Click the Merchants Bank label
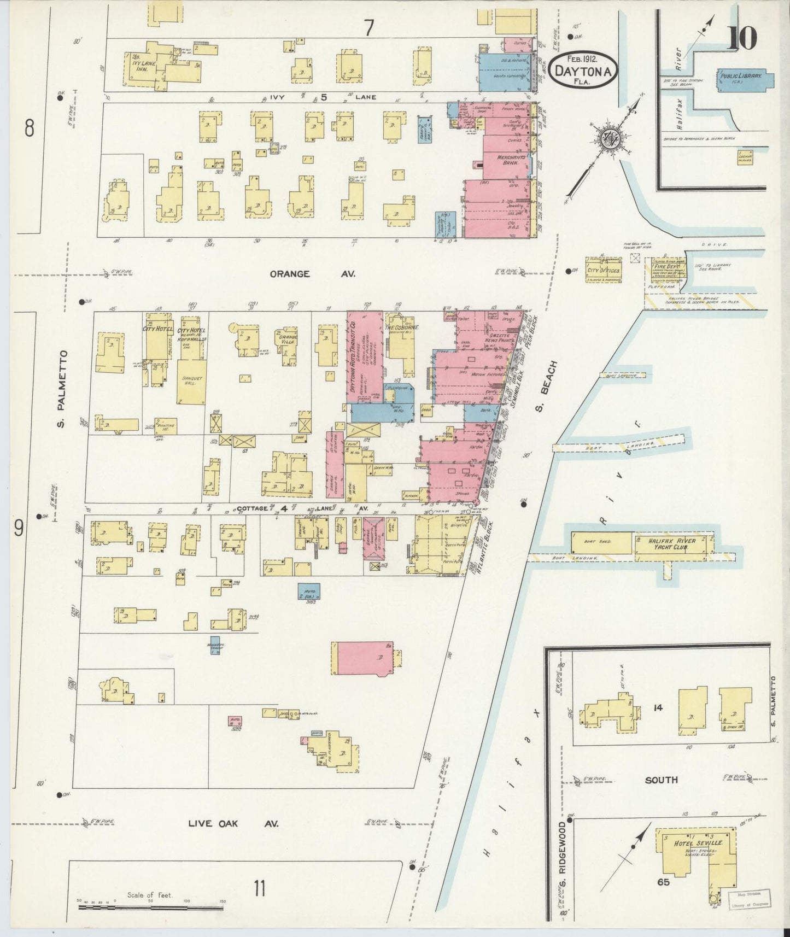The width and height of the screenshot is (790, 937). point(511,159)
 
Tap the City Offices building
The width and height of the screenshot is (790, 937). point(604,270)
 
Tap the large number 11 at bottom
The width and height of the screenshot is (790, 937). point(259,889)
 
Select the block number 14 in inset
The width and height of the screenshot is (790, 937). point(657,707)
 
